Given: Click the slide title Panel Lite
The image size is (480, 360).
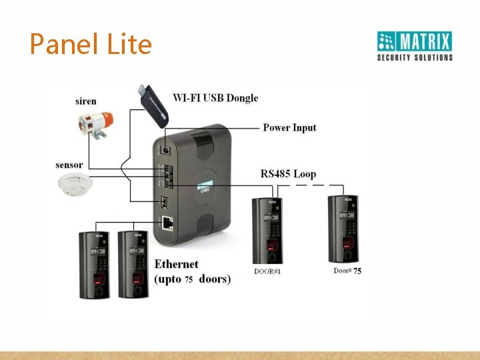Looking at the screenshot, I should pyautogui.click(x=91, y=45).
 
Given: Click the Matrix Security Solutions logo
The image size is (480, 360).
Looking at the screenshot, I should pyautogui.click(x=415, y=46).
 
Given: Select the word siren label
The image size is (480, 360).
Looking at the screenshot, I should pyautogui.click(x=85, y=101).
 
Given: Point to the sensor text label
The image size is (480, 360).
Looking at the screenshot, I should pyautogui.click(x=69, y=165).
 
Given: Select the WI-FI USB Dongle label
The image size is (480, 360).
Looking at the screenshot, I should pyautogui.click(x=215, y=98).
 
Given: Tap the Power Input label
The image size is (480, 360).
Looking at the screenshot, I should pyautogui.click(x=289, y=127).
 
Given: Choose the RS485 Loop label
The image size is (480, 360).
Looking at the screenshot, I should pyautogui.click(x=288, y=174).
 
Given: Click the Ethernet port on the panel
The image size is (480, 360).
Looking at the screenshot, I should pyautogui.click(x=165, y=223).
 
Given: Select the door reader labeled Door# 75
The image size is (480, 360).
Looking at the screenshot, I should pyautogui.click(x=344, y=229).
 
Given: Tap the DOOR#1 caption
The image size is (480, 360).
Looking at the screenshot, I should pyautogui.click(x=267, y=271).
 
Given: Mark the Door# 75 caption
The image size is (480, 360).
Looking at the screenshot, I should pyautogui.click(x=347, y=271).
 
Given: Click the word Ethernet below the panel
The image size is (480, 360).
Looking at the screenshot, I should pyautogui.click(x=177, y=265).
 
